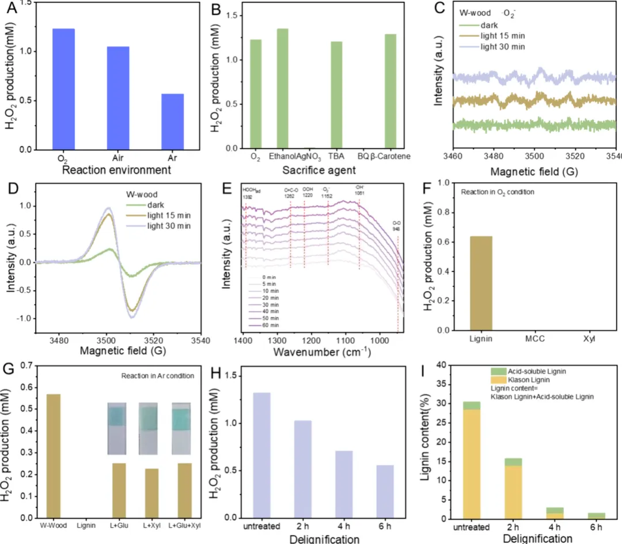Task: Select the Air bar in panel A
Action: point(117,98)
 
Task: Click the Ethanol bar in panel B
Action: point(283,89)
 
